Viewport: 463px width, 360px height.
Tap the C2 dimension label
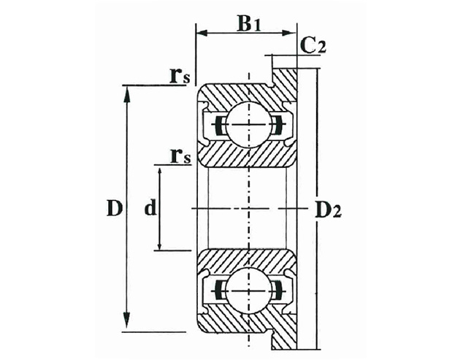[x=313, y=45]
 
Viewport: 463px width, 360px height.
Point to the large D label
[x=112, y=208]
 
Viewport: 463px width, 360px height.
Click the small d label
[x=149, y=209]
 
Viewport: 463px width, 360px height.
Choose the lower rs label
[x=180, y=155]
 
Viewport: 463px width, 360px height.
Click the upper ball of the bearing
[x=248, y=125]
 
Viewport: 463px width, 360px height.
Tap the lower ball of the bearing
[x=248, y=290]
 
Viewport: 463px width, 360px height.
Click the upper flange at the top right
[x=288, y=73]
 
